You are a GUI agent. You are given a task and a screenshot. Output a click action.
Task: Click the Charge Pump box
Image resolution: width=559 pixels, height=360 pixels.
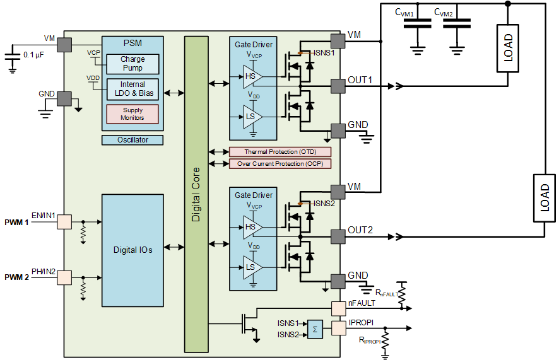click(132, 64)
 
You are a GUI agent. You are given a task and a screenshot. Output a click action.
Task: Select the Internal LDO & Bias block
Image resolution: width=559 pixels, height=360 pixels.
click(132, 89)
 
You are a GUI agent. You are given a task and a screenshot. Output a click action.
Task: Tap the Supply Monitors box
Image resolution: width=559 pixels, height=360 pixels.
click(132, 114)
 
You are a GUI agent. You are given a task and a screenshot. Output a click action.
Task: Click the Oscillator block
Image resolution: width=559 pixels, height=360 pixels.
click(132, 140)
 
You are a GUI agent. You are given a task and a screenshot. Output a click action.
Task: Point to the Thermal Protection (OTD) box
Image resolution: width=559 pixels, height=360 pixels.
click(280, 152)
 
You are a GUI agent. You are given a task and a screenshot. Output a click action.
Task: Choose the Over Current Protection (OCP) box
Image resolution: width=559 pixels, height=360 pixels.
click(280, 164)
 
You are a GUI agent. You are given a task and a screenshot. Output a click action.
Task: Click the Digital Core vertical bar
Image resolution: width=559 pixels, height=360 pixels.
click(196, 194)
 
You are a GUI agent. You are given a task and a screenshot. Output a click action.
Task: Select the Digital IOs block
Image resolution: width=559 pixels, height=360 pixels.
click(132, 250)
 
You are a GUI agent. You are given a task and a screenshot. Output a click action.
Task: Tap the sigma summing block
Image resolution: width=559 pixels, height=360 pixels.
click(315, 329)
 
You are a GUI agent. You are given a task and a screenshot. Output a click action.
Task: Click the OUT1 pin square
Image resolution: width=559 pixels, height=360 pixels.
click(338, 86)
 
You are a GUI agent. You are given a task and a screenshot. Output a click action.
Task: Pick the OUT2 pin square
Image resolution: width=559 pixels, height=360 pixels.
click(338, 237)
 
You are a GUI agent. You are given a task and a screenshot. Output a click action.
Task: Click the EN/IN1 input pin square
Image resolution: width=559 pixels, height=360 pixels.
click(64, 222)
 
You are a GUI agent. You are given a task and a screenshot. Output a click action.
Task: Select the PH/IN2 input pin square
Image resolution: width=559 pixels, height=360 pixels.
click(64, 277)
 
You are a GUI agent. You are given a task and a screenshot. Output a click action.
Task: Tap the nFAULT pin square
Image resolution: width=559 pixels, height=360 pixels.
click(338, 309)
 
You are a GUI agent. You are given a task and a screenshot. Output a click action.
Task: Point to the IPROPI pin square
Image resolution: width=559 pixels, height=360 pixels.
click(338, 328)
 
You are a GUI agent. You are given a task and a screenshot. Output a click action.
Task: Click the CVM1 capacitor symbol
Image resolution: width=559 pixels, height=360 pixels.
click(418, 24)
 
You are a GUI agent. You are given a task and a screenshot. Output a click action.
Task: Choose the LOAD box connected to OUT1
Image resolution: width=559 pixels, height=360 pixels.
click(508, 49)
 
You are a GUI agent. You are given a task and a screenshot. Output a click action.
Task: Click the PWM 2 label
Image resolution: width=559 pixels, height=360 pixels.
click(16, 277)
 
